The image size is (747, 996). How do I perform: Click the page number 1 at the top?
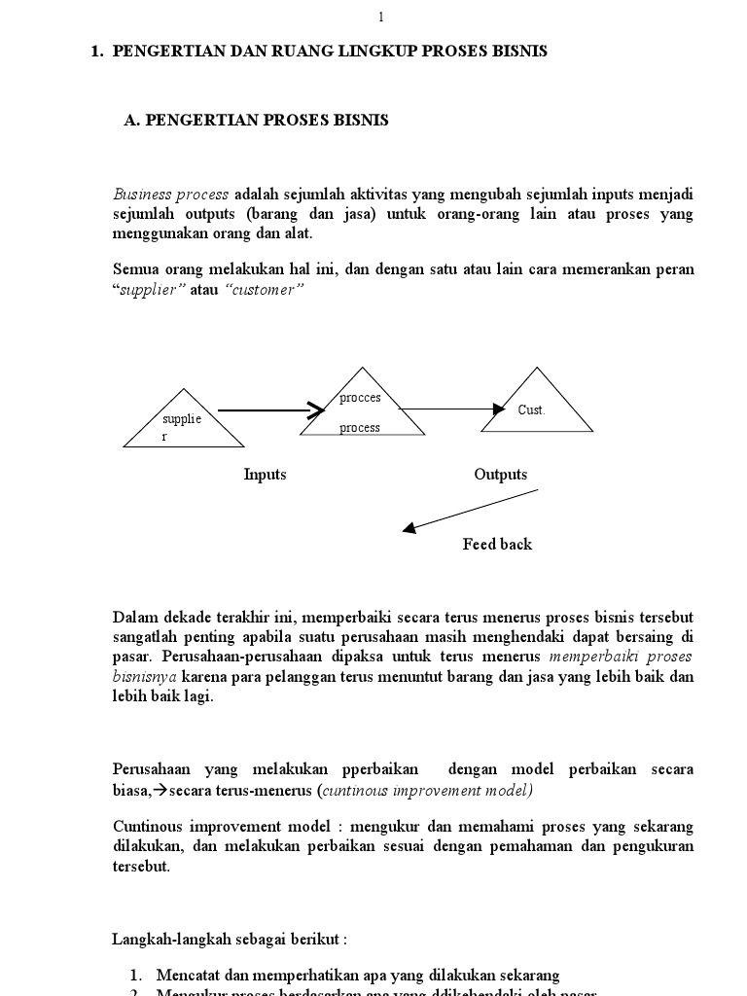(x=381, y=17)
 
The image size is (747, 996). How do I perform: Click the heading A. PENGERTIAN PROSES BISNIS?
(x=257, y=121)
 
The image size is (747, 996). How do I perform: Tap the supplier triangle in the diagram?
(x=184, y=426)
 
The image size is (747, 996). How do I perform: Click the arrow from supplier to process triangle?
(x=270, y=410)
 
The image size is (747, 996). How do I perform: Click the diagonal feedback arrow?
(x=471, y=511)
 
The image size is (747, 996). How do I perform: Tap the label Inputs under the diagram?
(x=265, y=475)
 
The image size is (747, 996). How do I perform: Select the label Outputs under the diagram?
(x=501, y=475)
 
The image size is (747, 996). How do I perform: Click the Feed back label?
(x=497, y=545)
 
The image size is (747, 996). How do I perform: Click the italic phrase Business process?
(x=171, y=195)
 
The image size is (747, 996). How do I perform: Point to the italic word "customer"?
(x=266, y=290)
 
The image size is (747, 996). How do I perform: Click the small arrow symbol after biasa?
(x=161, y=790)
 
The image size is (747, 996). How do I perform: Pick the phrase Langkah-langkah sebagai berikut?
(x=230, y=941)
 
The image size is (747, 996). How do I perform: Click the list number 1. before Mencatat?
(x=135, y=975)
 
